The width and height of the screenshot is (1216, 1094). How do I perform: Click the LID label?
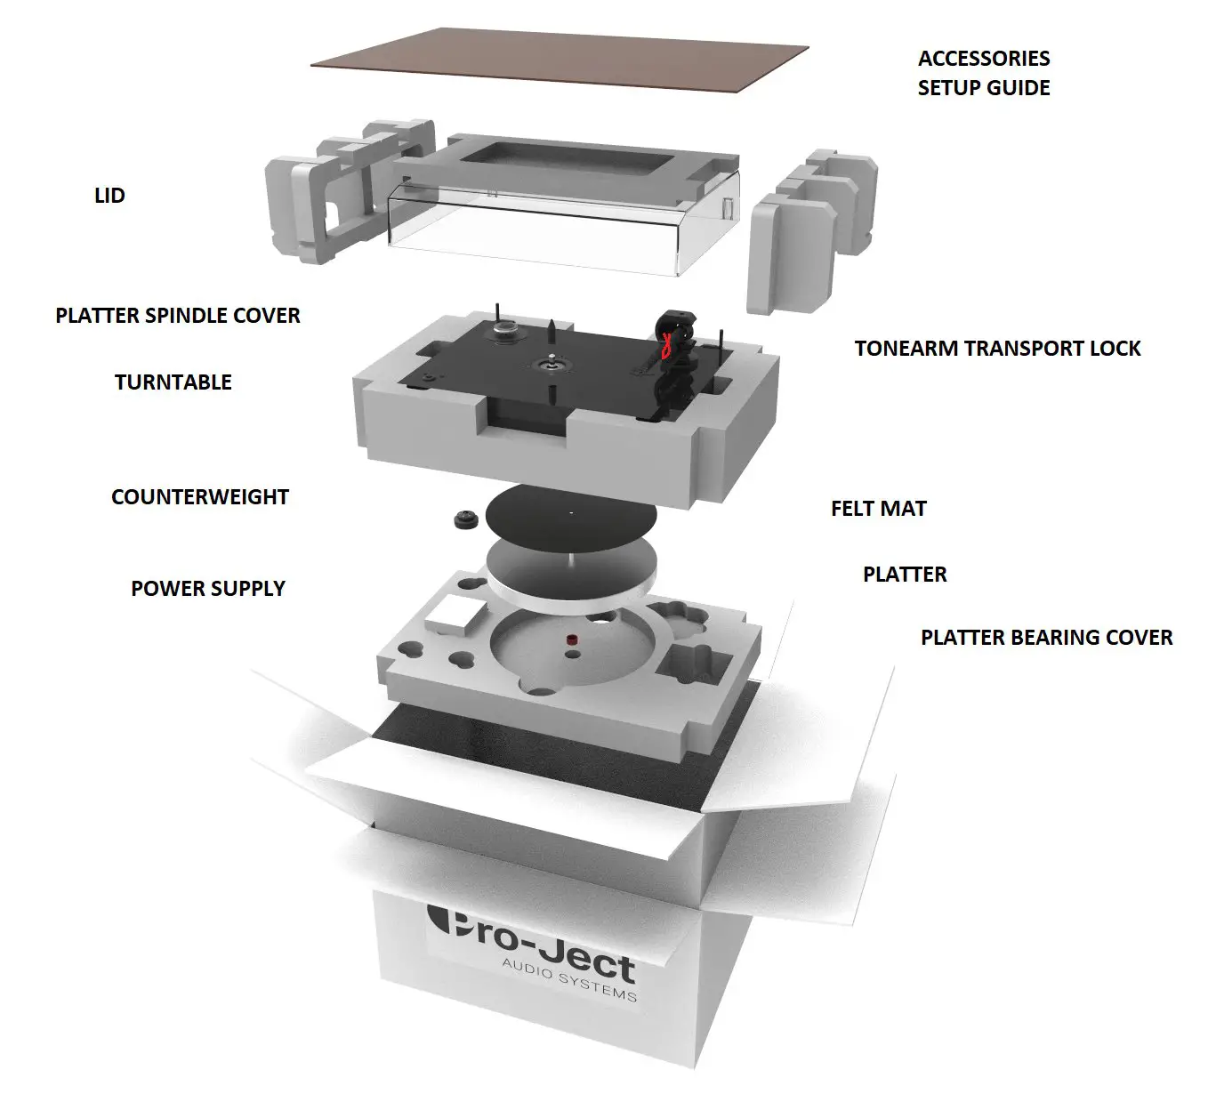coord(109,196)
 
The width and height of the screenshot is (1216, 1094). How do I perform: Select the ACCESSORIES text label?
coord(983,59)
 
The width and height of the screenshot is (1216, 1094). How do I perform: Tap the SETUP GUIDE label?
coord(983,88)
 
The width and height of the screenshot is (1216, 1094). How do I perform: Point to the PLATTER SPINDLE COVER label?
coord(178,316)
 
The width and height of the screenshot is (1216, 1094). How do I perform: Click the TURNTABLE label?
coord(173,382)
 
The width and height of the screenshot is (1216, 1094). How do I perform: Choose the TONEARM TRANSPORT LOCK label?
coord(997,349)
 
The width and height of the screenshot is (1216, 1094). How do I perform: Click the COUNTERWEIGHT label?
coord(200,497)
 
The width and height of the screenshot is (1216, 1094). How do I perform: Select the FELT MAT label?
coord(878,509)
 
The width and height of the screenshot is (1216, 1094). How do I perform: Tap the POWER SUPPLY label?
coord(207,589)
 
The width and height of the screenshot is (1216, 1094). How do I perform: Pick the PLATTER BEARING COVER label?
coord(1046,638)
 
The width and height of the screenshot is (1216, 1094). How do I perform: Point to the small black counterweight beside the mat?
coord(466,520)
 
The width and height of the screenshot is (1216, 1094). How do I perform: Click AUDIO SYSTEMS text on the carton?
coord(569,980)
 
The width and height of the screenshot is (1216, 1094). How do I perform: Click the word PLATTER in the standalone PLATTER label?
coord(904,575)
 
